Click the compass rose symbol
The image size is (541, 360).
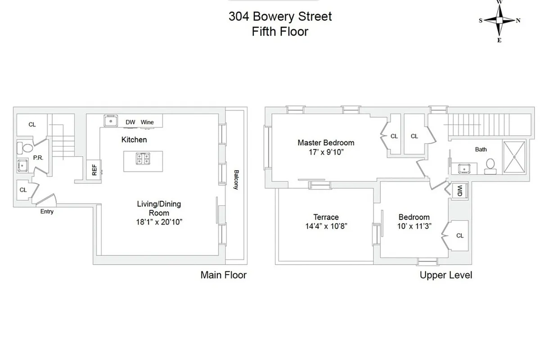pos(499,20)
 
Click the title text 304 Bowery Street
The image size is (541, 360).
pos(280,17)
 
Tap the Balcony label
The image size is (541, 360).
pos(235,179)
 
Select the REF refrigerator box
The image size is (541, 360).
pos(94,170)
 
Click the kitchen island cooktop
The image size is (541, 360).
pos(143,159)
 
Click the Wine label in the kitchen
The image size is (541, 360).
pos(147,122)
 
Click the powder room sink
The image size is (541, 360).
pos(23,166)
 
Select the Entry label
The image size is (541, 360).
pos(47,211)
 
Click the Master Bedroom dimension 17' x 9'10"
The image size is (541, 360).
pos(326,152)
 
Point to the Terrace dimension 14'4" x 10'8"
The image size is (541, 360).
pos(326,226)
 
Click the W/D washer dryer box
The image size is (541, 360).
pos(460,191)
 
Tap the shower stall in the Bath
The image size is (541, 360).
pos(514,157)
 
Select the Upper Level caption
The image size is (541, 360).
pos(446,275)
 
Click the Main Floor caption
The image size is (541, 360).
pos(224,275)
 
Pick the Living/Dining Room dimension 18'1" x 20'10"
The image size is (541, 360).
pos(159,221)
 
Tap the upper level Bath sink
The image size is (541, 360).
pos(464,168)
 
